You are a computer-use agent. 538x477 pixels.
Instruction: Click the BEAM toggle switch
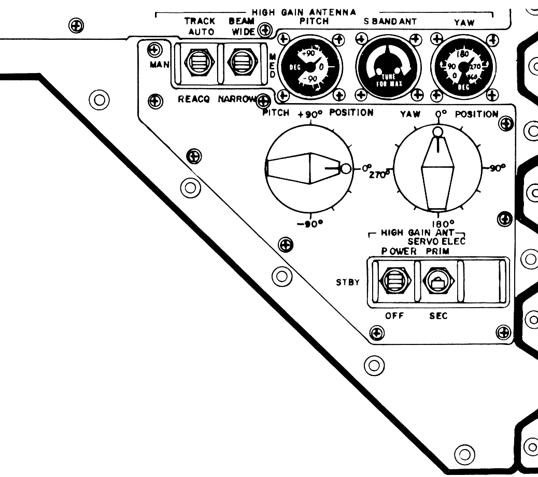click(x=240, y=65)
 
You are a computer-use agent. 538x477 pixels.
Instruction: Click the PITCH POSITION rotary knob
click(x=309, y=168)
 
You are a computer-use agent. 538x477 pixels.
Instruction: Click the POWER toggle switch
click(x=396, y=281)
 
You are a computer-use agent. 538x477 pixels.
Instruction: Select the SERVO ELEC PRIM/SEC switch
click(x=438, y=281)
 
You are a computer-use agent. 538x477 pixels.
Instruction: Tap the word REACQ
click(x=193, y=100)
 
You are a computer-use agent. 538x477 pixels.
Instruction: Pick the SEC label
click(x=438, y=316)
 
